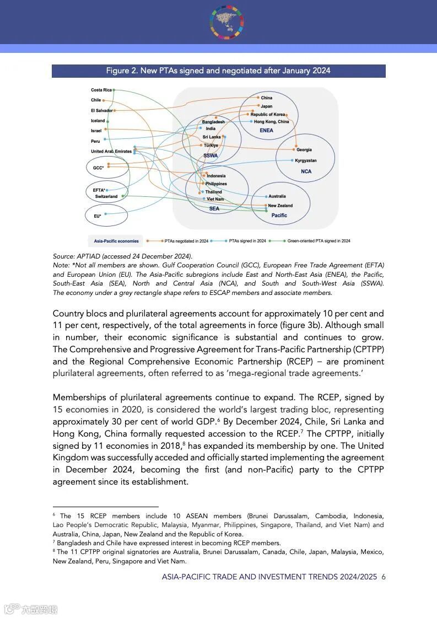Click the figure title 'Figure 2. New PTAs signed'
coord(218,71)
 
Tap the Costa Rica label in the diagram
coord(101,90)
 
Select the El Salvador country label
coord(101,110)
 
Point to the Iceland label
coord(98,121)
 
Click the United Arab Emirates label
coord(111,151)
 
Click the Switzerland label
coord(106,196)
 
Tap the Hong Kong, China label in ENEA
coord(272,122)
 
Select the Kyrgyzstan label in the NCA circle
coord(306,160)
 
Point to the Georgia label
coord(304,149)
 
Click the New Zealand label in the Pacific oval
coord(280,206)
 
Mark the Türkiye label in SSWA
coord(211,146)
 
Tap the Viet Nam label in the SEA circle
coord(215,199)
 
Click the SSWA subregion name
coord(211,155)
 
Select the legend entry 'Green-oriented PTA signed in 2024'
coord(319,241)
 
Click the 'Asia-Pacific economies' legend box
coord(116,241)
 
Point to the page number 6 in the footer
coord(384,577)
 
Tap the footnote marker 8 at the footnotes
coord(55,550)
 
